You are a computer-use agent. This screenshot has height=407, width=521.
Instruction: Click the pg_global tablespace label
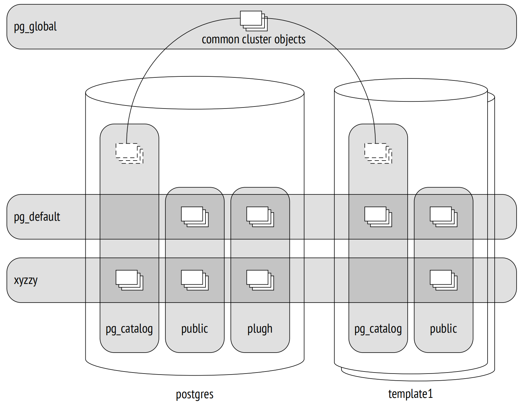pyautogui.click(x=35, y=27)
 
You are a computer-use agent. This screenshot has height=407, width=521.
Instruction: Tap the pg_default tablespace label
pyautogui.click(x=37, y=217)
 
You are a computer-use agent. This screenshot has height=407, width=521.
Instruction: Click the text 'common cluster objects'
pyautogui.click(x=253, y=39)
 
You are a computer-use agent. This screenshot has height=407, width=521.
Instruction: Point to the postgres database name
pyautogui.click(x=194, y=394)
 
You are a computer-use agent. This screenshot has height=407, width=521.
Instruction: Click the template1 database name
pyautogui.click(x=410, y=394)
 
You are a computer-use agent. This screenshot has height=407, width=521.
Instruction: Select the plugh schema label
pyautogui.click(x=260, y=329)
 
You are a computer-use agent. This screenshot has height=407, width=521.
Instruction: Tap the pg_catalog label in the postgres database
pyautogui.click(x=129, y=329)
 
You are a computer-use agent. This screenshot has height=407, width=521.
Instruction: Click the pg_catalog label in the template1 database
pyautogui.click(x=378, y=329)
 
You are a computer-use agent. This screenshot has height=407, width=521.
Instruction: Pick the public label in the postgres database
pyautogui.click(x=194, y=329)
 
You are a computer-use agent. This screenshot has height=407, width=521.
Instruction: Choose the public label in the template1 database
pyautogui.click(x=443, y=329)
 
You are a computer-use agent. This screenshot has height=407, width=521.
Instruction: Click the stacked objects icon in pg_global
pyautogui.click(x=254, y=21)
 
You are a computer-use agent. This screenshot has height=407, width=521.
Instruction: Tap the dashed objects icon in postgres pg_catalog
pyautogui.click(x=130, y=154)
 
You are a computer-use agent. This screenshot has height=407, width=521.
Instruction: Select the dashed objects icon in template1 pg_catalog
pyautogui.click(x=378, y=154)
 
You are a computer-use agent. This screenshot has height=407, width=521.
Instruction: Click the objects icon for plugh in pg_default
pyautogui.click(x=260, y=217)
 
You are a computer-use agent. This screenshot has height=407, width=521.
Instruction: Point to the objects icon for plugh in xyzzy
pyautogui.click(x=260, y=280)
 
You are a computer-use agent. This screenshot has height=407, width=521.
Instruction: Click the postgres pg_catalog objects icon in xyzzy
pyautogui.click(x=130, y=280)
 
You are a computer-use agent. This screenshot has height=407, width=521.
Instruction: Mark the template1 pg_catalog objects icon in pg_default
pyautogui.click(x=378, y=217)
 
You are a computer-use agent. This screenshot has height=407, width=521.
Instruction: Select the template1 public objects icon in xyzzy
pyautogui.click(x=443, y=280)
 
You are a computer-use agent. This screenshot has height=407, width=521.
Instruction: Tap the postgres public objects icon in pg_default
pyautogui.click(x=195, y=217)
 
